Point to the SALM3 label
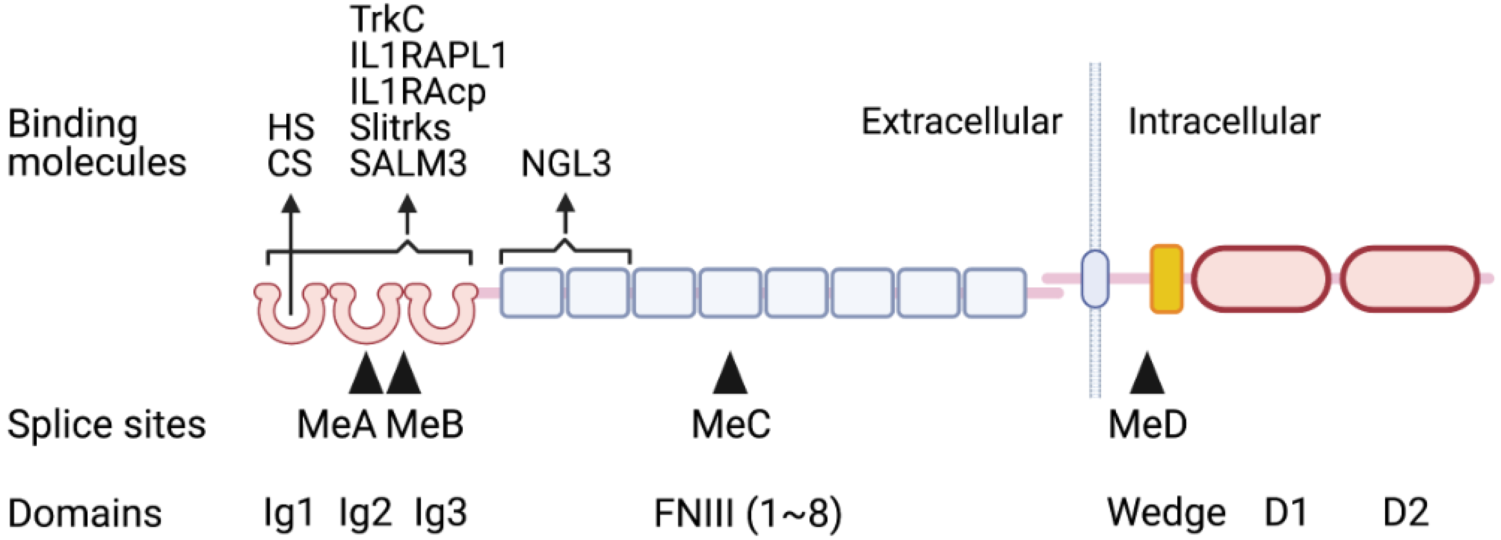pos(408,163)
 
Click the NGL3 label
pos(565,163)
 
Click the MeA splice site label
pos(337,424)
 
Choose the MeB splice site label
pos(424,424)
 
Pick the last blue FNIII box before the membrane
pos(994,293)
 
